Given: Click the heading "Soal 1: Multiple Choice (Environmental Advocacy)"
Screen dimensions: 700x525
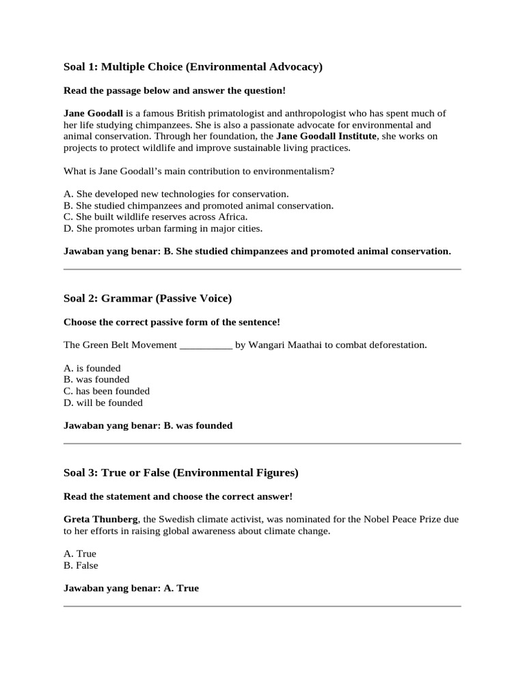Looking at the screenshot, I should pos(193,67).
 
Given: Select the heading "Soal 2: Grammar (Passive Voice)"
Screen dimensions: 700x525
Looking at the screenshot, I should pos(148,299).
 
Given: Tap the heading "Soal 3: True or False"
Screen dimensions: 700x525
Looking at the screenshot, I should pos(180,473).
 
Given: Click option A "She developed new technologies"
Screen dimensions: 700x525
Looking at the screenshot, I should pos(176,193).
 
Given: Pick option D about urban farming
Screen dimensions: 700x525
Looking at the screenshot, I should pos(163,228).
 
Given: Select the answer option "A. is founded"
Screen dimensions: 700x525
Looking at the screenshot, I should pos(92,368).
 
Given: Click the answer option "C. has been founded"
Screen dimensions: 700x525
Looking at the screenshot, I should pos(106,392).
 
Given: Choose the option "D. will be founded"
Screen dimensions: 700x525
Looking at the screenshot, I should pos(103,403).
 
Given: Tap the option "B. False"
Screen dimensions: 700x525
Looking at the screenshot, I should pos(81,566).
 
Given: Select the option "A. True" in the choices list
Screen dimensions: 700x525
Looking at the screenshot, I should pos(79,554).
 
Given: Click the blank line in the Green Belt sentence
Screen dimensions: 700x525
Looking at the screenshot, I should pos(206,345).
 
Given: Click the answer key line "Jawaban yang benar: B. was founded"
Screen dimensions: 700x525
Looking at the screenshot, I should pos(148,426).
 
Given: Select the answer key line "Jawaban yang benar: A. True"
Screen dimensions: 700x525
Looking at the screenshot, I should pos(131,589).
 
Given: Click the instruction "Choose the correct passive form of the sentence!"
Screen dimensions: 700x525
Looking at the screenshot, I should pos(172,322).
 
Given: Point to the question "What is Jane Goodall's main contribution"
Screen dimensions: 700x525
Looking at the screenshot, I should pos(198,171).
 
